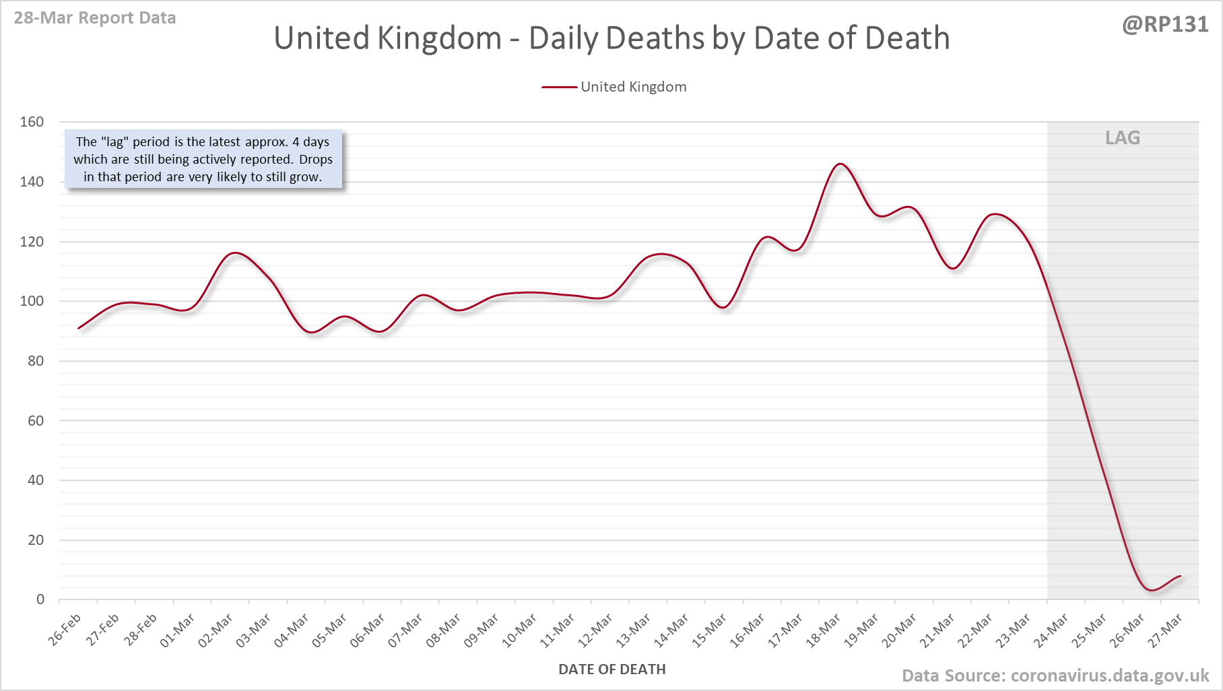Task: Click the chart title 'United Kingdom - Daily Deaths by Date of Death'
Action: [611, 38]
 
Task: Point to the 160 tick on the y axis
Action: [32, 122]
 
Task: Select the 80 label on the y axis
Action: [36, 361]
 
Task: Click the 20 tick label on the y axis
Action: [36, 540]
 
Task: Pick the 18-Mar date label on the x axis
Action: [824, 630]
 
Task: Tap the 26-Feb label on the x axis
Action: [65, 630]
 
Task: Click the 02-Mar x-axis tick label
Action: [216, 630]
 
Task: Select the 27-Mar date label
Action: [1165, 630]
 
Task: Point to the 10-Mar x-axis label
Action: [520, 630]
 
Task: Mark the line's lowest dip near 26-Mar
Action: [1152, 590]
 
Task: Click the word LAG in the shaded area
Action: [1123, 138]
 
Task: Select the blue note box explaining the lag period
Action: [203, 160]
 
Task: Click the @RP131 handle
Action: [1165, 24]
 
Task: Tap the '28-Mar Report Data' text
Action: [95, 18]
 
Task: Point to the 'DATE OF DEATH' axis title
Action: [611, 669]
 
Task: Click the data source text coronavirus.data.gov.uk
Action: [1055, 676]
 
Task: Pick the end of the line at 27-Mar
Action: [1180, 576]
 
